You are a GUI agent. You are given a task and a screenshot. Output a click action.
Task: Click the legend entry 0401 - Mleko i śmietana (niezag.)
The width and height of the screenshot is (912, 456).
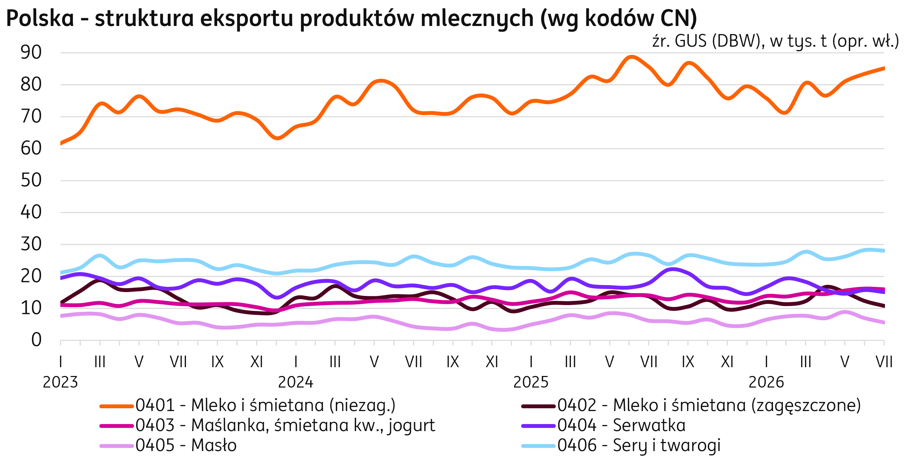click(248, 406)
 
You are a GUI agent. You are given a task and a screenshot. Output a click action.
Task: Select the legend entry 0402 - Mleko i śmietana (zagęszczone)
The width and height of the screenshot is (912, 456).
click(691, 406)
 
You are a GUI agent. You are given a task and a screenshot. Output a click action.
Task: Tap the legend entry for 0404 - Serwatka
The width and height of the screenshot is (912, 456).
click(604, 425)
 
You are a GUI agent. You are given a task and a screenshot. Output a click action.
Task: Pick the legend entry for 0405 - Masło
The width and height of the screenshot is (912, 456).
click(168, 445)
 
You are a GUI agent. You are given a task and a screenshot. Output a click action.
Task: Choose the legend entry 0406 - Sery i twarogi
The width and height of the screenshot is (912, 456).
click(621, 445)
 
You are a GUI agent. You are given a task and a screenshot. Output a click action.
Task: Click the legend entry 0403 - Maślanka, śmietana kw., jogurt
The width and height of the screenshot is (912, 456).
click(268, 425)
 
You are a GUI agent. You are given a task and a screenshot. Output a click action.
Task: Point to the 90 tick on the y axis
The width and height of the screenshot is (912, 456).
click(31, 53)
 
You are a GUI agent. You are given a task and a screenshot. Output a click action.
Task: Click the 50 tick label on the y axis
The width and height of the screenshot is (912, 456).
click(31, 180)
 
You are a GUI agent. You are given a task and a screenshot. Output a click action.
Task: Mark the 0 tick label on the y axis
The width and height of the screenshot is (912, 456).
click(36, 340)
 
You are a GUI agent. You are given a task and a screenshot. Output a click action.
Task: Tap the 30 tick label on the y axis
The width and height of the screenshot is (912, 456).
click(31, 244)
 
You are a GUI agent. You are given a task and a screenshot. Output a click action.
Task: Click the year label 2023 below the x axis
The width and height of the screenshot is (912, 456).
click(61, 383)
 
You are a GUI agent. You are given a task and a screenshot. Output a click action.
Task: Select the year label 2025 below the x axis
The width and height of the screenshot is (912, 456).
click(531, 383)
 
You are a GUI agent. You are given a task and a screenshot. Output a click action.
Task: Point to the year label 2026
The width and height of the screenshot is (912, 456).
click(766, 383)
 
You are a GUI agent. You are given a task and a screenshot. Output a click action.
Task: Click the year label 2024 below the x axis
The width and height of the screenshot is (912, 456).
click(296, 383)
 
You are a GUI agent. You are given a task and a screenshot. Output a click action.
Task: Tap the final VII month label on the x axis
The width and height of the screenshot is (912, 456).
click(884, 362)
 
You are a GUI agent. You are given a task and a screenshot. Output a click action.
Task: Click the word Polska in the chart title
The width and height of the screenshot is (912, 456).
click(40, 18)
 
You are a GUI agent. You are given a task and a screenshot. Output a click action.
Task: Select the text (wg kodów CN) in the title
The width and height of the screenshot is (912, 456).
click(619, 19)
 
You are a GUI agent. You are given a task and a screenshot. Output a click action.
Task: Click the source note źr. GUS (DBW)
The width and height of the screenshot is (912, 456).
click(706, 41)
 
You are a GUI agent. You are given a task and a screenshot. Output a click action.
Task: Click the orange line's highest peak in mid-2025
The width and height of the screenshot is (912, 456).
click(632, 57)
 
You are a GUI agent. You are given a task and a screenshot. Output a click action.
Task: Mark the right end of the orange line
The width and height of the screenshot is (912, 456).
click(884, 68)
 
